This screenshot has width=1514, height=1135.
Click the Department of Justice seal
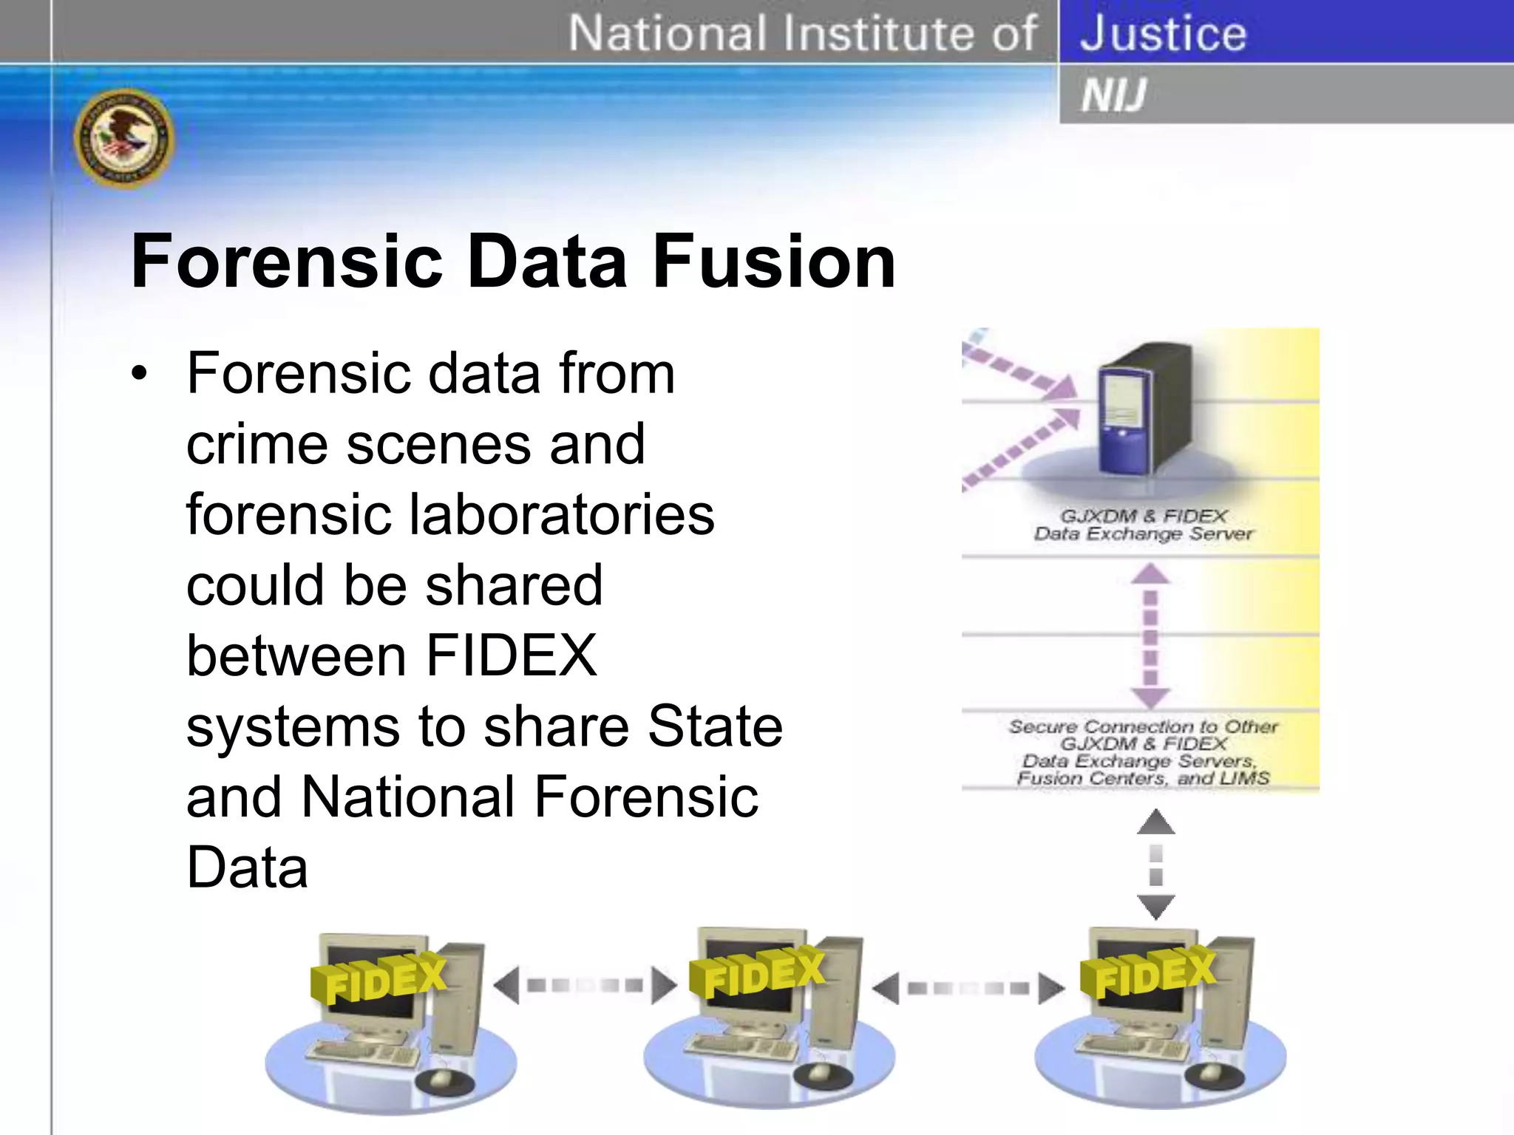(x=124, y=139)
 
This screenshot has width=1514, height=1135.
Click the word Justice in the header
(x=1163, y=34)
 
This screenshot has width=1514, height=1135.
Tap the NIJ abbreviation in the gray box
(x=1113, y=95)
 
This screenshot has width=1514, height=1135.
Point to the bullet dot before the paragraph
(x=139, y=374)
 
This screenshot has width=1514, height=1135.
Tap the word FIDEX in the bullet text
(x=512, y=655)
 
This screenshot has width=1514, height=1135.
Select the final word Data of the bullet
(x=247, y=868)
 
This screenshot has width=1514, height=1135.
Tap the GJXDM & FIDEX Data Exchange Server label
(x=1144, y=525)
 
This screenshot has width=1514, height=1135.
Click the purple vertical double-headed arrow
(x=1150, y=636)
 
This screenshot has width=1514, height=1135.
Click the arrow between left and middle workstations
(x=584, y=985)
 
